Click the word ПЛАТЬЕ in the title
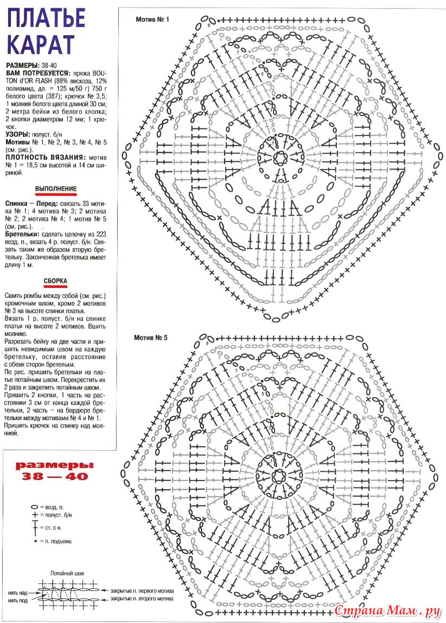tap(47, 18)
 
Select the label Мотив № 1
tap(152, 20)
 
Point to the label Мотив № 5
tap(151, 338)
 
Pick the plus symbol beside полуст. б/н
tap(34, 514)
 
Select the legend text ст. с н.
tap(49, 527)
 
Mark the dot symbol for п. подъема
tap(35, 541)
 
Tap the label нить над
tap(18, 592)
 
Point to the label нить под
tap(18, 600)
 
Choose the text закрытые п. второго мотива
tap(142, 599)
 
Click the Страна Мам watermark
tap(386, 611)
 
